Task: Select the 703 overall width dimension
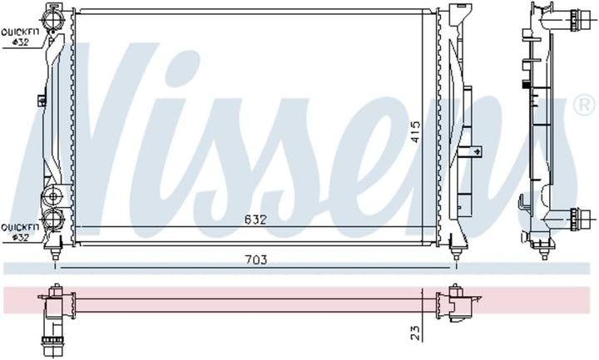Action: (255, 260)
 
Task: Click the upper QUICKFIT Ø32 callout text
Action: (20, 37)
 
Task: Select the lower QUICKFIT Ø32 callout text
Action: (20, 232)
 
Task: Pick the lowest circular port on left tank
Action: (54, 219)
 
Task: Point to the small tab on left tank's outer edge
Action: (42, 101)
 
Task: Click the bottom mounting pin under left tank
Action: (55, 250)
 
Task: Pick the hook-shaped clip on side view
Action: (521, 205)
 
